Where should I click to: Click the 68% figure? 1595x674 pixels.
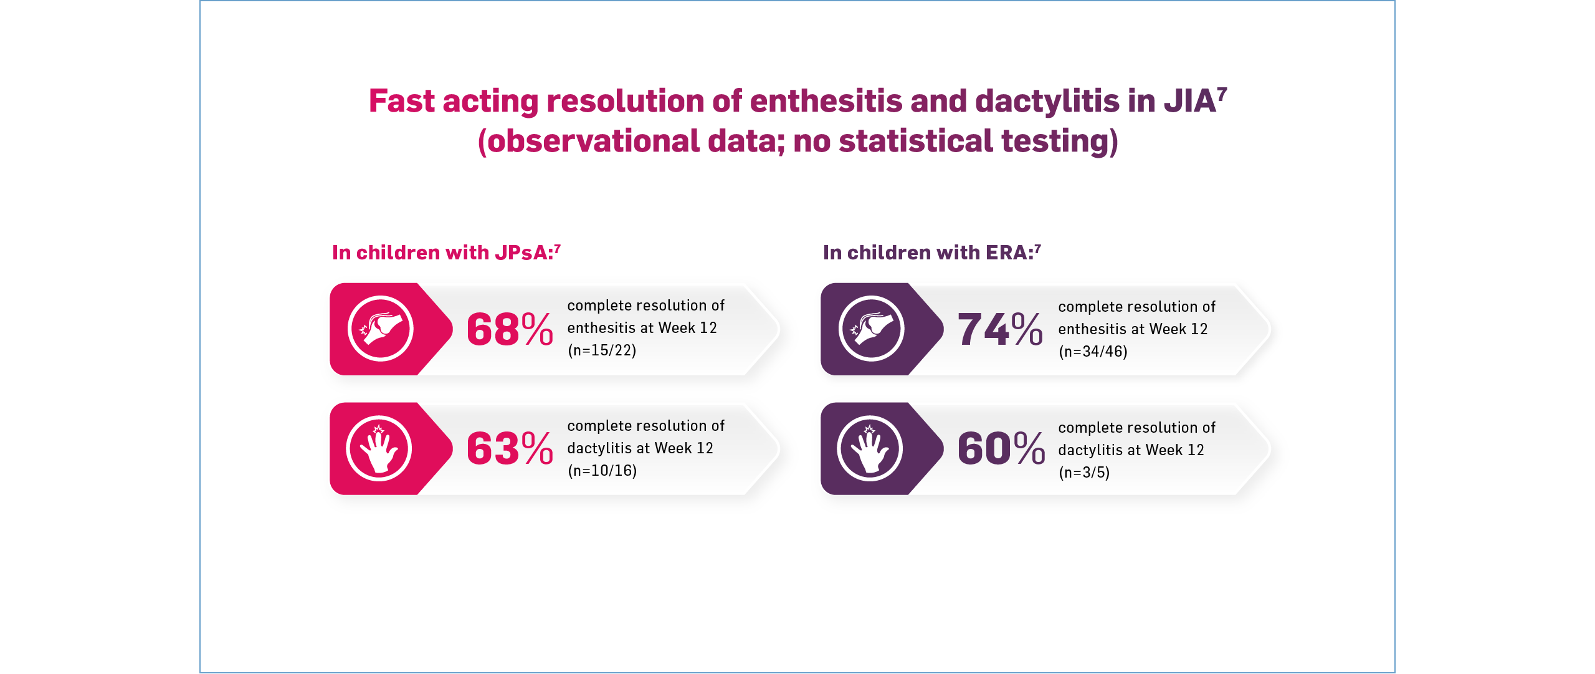pyautogui.click(x=509, y=329)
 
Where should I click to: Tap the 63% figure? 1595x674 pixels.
pyautogui.click(x=509, y=449)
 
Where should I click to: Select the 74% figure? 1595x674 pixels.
pyautogui.click(x=1000, y=329)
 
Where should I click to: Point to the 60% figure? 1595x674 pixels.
pyautogui.click(x=1001, y=449)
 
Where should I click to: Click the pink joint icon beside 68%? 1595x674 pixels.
pyautogui.click(x=380, y=329)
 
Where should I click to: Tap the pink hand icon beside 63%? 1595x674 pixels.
pyautogui.click(x=379, y=448)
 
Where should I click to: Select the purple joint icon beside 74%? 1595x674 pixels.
pyautogui.click(x=871, y=329)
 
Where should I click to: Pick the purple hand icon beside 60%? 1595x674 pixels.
pyautogui.click(x=870, y=448)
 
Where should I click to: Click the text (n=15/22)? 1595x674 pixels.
pyautogui.click(x=602, y=350)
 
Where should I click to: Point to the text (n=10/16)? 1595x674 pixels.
pyautogui.click(x=602, y=471)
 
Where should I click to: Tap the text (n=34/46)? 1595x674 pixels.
pyautogui.click(x=1093, y=352)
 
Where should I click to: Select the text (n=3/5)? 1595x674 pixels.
pyautogui.click(x=1084, y=473)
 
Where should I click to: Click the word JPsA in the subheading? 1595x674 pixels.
pyautogui.click(x=522, y=253)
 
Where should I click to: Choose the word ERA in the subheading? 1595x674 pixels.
pyautogui.click(x=1007, y=253)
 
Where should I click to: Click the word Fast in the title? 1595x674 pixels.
pyautogui.click(x=401, y=101)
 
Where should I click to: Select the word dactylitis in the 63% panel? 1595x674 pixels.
pyautogui.click(x=599, y=448)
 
